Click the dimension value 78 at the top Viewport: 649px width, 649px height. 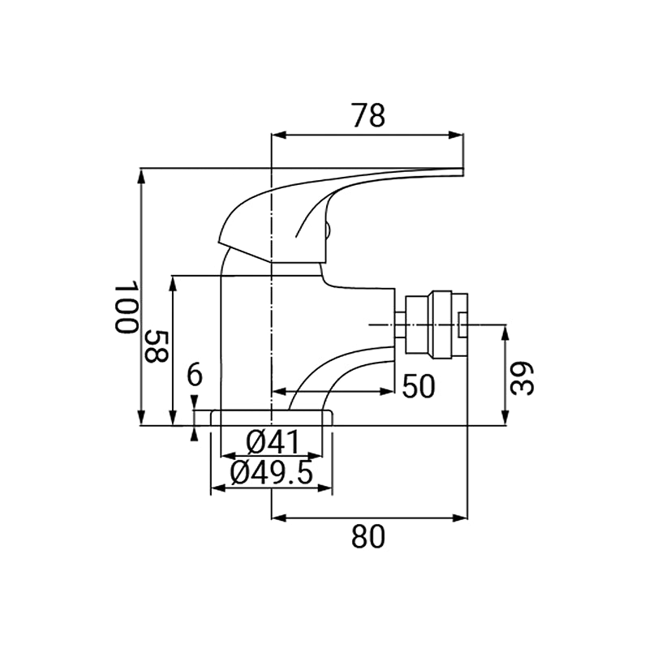click(x=368, y=115)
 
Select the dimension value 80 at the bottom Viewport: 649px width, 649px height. click(x=368, y=536)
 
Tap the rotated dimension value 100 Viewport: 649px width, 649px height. click(x=126, y=307)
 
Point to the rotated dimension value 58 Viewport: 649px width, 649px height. click(x=156, y=346)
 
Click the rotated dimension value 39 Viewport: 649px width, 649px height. click(x=522, y=379)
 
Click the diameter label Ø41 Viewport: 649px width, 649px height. click(x=273, y=441)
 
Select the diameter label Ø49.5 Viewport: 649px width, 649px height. click(x=271, y=473)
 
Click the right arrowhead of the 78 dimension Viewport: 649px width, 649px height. click(x=457, y=135)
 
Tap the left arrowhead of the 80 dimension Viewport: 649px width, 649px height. click(x=278, y=518)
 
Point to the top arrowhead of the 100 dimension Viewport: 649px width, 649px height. click(x=141, y=175)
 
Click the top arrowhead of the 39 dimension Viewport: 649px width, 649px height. click(x=505, y=333)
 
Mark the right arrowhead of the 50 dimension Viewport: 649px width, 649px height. click(x=387, y=391)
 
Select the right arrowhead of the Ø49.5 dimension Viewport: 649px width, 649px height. click(x=325, y=489)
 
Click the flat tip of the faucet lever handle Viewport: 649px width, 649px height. click(x=462, y=172)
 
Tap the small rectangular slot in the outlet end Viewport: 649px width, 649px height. click(x=462, y=324)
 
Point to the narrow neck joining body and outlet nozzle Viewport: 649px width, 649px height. click(x=399, y=325)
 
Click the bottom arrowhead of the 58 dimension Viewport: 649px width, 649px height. click(x=174, y=418)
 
